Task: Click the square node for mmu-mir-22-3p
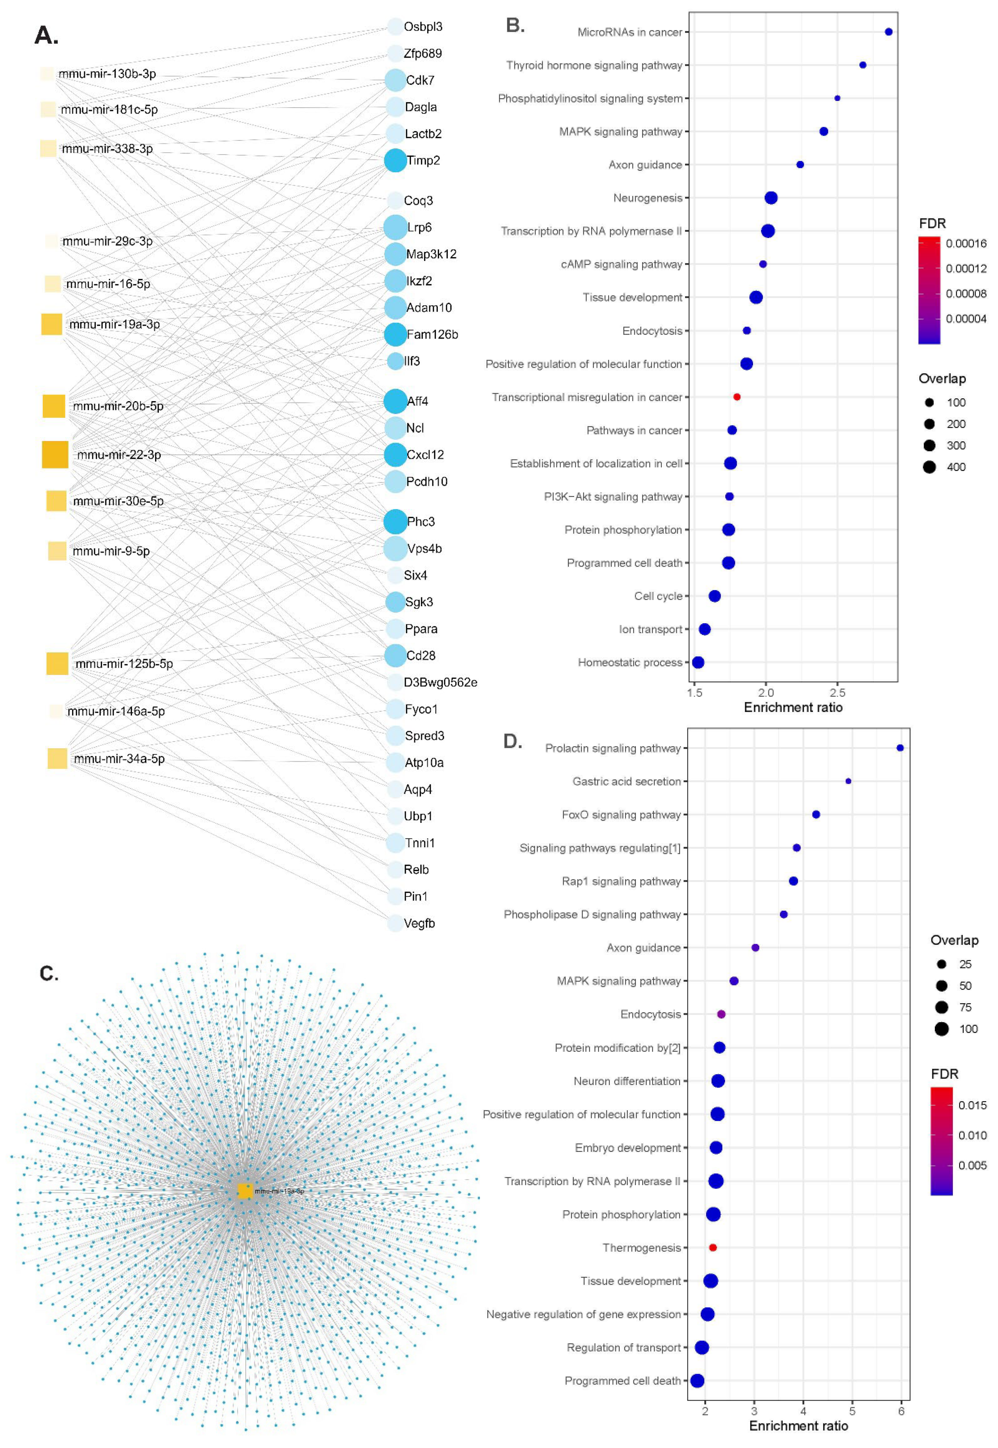click(x=55, y=455)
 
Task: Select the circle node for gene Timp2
click(x=395, y=161)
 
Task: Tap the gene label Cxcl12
click(x=425, y=455)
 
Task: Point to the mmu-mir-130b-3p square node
click(x=47, y=74)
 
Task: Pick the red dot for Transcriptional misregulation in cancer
click(x=737, y=397)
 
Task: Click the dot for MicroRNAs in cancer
click(x=889, y=32)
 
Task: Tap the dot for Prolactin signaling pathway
click(x=900, y=748)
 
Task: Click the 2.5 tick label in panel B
click(x=837, y=693)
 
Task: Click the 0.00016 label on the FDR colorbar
click(x=966, y=243)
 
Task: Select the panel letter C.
click(x=49, y=973)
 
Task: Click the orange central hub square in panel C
click(x=245, y=1191)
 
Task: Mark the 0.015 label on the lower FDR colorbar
click(x=973, y=1105)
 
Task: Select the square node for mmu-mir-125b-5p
click(x=58, y=664)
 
